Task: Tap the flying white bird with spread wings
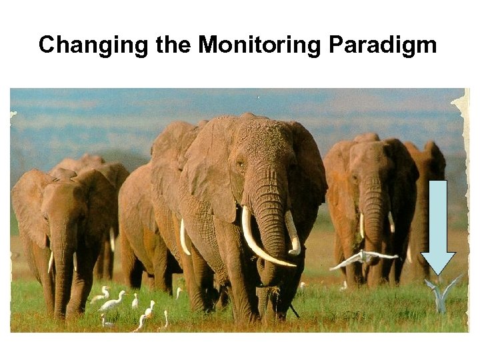click(363, 258)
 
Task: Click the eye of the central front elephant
click(239, 162)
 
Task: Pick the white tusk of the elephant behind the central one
click(184, 237)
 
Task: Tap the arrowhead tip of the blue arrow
click(438, 272)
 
